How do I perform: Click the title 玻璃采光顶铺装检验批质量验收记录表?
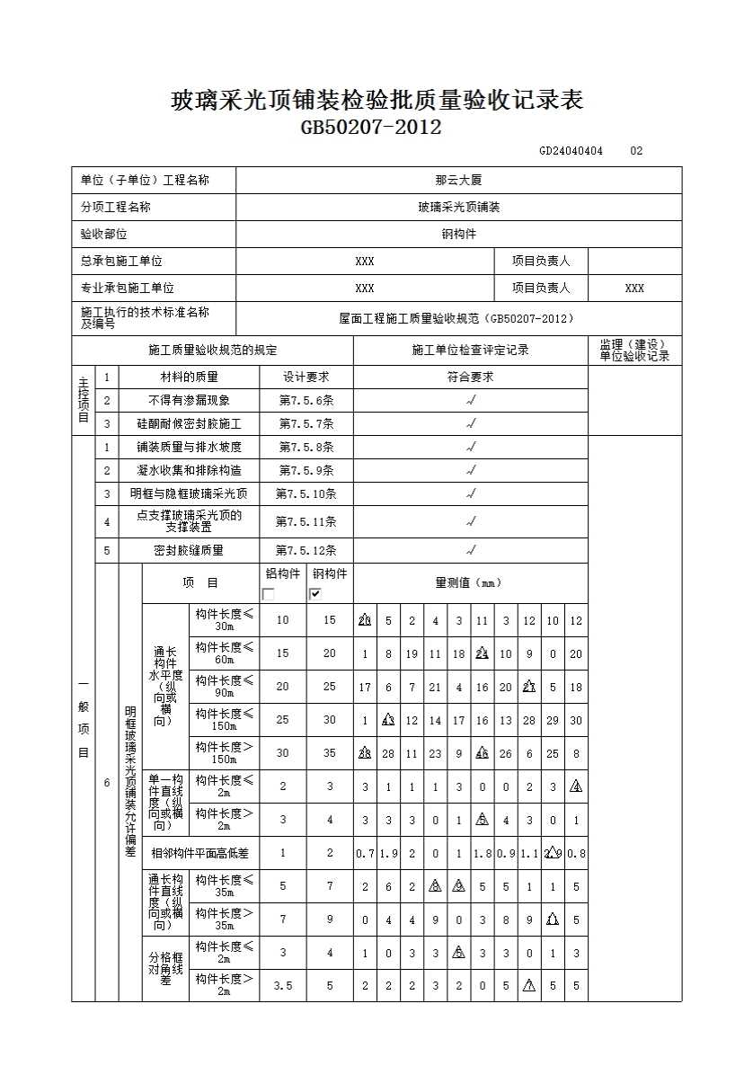pyautogui.click(x=376, y=101)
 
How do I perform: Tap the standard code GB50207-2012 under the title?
pyautogui.click(x=371, y=128)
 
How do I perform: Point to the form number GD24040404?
pyautogui.click(x=571, y=151)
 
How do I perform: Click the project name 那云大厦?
pyautogui.click(x=458, y=181)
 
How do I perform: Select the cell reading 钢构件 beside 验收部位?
pyautogui.click(x=458, y=235)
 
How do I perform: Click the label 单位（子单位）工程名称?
pyautogui.click(x=145, y=181)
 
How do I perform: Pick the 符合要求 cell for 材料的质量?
pyautogui.click(x=470, y=378)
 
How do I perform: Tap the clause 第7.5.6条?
pyautogui.click(x=306, y=401)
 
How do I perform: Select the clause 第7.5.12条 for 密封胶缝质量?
pyautogui.click(x=306, y=550)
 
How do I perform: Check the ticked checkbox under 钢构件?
pyautogui.click(x=315, y=593)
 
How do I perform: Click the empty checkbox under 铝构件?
pyautogui.click(x=269, y=593)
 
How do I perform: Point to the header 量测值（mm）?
pyautogui.click(x=470, y=583)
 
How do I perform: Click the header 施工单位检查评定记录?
pyautogui.click(x=470, y=351)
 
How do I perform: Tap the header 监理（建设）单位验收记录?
pyautogui.click(x=634, y=351)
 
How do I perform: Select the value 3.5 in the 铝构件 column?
pyautogui.click(x=283, y=986)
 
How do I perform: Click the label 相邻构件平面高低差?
pyautogui.click(x=200, y=853)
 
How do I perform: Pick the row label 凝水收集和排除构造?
pyautogui.click(x=189, y=470)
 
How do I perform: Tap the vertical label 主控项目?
pyautogui.click(x=83, y=400)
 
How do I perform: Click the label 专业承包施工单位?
pyautogui.click(x=127, y=289)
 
